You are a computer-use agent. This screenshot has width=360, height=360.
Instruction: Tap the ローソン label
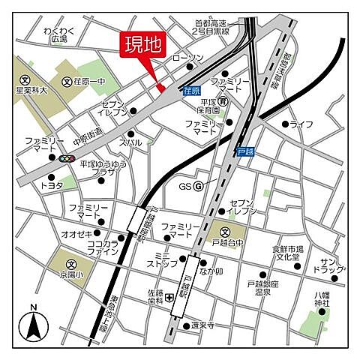point(187,58)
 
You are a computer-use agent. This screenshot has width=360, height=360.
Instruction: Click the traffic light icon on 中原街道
point(66,158)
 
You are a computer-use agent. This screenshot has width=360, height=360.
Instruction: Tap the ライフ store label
point(301,124)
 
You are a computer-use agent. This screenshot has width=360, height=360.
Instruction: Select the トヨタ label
point(52,184)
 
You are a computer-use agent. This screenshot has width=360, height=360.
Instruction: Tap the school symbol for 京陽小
point(71,264)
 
